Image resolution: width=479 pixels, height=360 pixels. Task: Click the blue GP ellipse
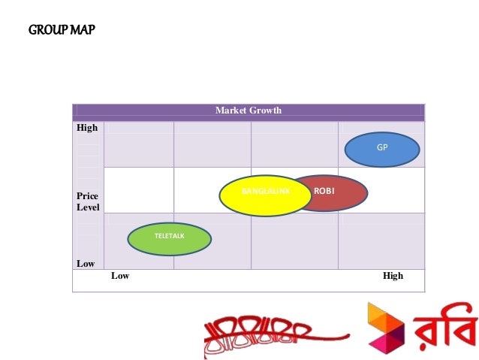click(382, 149)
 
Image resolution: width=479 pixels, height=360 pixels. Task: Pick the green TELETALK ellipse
click(169, 238)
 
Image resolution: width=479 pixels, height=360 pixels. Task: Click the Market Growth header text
click(249, 110)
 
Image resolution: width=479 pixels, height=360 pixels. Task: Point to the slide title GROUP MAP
click(62, 31)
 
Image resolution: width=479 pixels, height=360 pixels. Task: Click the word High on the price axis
click(87, 128)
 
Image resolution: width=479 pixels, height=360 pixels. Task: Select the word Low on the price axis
click(86, 264)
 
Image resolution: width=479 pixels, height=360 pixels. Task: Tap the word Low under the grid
click(120, 276)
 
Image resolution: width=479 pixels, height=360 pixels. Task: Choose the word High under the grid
click(393, 276)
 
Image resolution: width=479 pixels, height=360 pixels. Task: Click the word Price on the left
click(87, 196)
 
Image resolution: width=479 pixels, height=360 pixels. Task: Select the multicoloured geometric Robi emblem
click(385, 331)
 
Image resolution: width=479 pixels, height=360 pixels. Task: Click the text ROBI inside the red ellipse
click(324, 191)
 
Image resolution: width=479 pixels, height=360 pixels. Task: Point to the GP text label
click(382, 148)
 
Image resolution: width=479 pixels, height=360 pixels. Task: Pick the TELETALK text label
click(169, 236)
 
